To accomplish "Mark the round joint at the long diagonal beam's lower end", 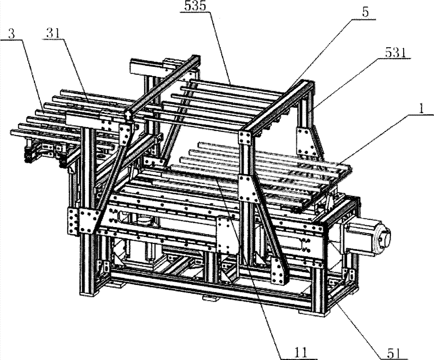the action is (128, 114).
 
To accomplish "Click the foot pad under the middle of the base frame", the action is (210, 300).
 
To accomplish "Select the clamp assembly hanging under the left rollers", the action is (41, 152).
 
